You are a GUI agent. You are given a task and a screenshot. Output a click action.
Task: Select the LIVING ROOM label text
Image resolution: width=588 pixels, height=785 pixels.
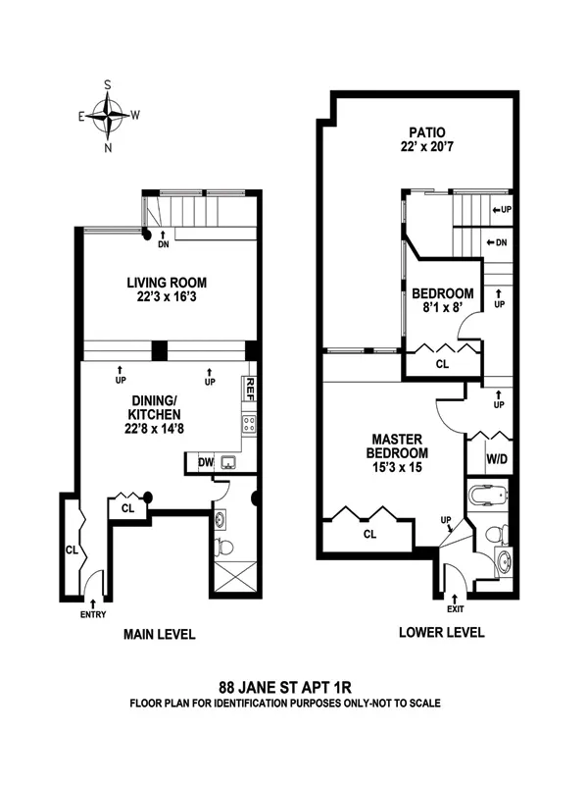click(x=167, y=282)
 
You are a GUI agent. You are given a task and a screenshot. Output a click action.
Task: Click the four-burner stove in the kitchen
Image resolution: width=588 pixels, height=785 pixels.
click(x=249, y=424)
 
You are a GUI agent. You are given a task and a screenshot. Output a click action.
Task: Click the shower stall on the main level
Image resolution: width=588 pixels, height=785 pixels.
click(x=236, y=576)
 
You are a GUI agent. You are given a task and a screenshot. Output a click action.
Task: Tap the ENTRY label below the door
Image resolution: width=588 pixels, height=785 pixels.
click(x=93, y=614)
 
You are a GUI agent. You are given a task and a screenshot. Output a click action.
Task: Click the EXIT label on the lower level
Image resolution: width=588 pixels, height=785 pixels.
click(x=454, y=609)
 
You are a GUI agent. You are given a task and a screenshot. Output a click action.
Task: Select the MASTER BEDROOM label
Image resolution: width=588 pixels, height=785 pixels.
click(x=396, y=446)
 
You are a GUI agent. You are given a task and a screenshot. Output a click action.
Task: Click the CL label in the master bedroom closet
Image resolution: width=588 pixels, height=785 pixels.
click(x=368, y=535)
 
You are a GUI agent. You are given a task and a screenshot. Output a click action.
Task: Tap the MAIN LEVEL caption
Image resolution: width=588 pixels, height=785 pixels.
click(x=160, y=635)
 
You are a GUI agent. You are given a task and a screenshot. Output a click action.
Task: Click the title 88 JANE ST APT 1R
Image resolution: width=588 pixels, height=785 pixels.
click(x=294, y=688)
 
